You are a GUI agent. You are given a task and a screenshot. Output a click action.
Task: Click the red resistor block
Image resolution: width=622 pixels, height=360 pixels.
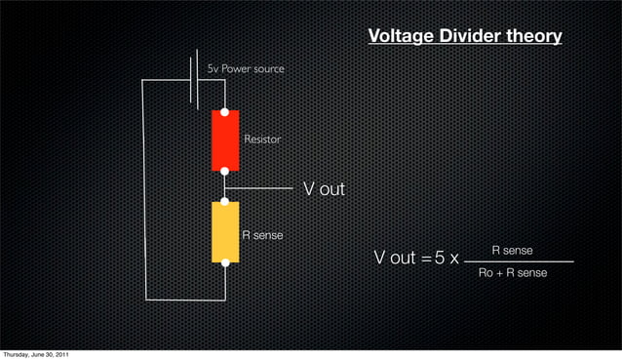coord(225,140)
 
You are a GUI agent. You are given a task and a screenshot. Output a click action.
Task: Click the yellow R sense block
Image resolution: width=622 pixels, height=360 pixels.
coord(225,232)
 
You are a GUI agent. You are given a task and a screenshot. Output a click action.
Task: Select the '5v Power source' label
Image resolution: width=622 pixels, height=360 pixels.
coord(246,69)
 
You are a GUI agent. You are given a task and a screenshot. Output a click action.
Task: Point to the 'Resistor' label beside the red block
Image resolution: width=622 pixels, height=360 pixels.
coord(262,140)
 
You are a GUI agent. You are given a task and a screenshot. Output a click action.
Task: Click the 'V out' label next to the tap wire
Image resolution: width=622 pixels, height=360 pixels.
coord(324,188)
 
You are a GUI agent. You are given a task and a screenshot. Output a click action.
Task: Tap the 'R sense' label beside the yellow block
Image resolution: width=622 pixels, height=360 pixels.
coord(262,235)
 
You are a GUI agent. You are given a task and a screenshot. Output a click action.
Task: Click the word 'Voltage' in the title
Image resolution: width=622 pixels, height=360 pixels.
coord(402,37)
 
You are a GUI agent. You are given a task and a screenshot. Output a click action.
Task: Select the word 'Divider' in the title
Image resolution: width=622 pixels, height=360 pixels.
coord(471,37)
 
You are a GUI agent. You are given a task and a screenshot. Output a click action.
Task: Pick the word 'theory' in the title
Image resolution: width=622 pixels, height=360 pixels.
coord(534,37)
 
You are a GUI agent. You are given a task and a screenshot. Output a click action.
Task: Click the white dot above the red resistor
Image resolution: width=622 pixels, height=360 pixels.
coord(225,112)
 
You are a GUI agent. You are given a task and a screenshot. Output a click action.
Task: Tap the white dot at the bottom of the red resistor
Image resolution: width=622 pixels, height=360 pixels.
coord(225,170)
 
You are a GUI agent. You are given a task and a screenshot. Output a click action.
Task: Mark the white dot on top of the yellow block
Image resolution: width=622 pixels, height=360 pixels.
coord(225,202)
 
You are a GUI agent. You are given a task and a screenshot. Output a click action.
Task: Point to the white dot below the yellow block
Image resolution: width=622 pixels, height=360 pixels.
coord(225,261)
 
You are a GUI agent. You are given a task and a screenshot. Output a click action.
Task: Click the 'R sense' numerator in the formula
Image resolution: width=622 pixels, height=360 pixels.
coord(512,251)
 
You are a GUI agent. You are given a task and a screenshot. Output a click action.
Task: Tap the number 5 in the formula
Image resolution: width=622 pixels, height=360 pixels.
coord(441,259)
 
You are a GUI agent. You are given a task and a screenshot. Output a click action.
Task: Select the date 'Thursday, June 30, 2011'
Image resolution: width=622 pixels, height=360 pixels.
coord(35,353)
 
